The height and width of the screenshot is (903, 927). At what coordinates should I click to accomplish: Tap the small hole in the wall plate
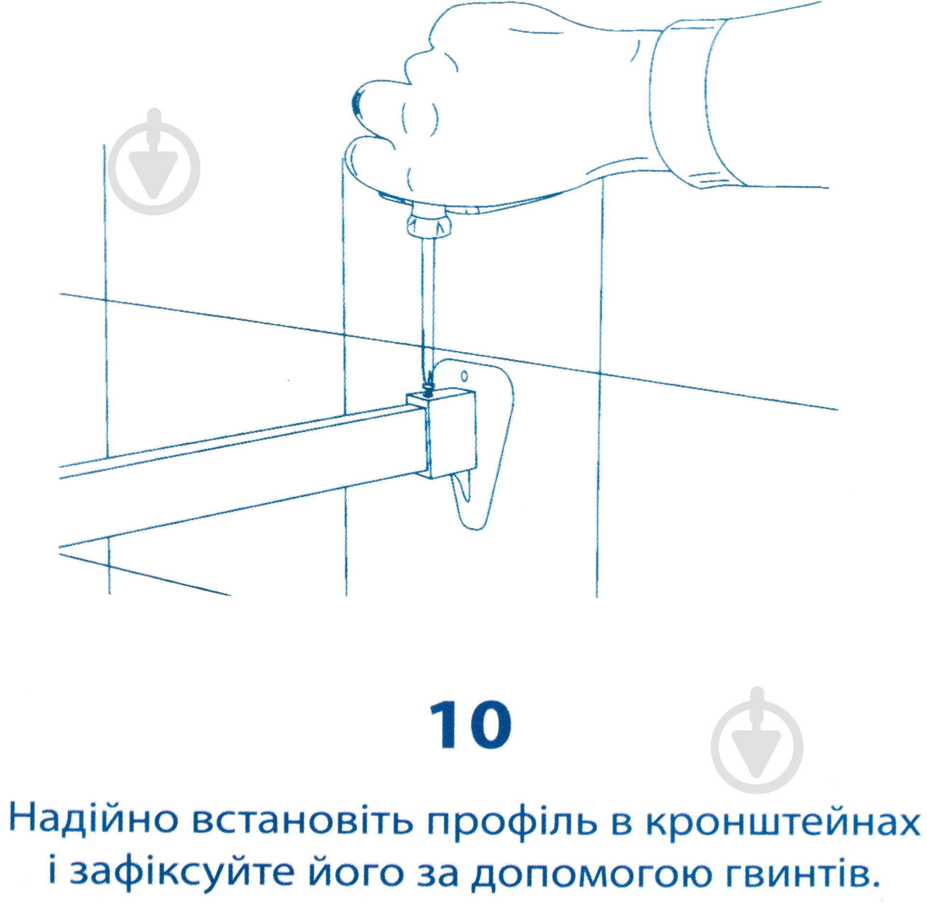(464, 375)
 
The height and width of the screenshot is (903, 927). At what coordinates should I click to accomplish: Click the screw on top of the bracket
(428, 381)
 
